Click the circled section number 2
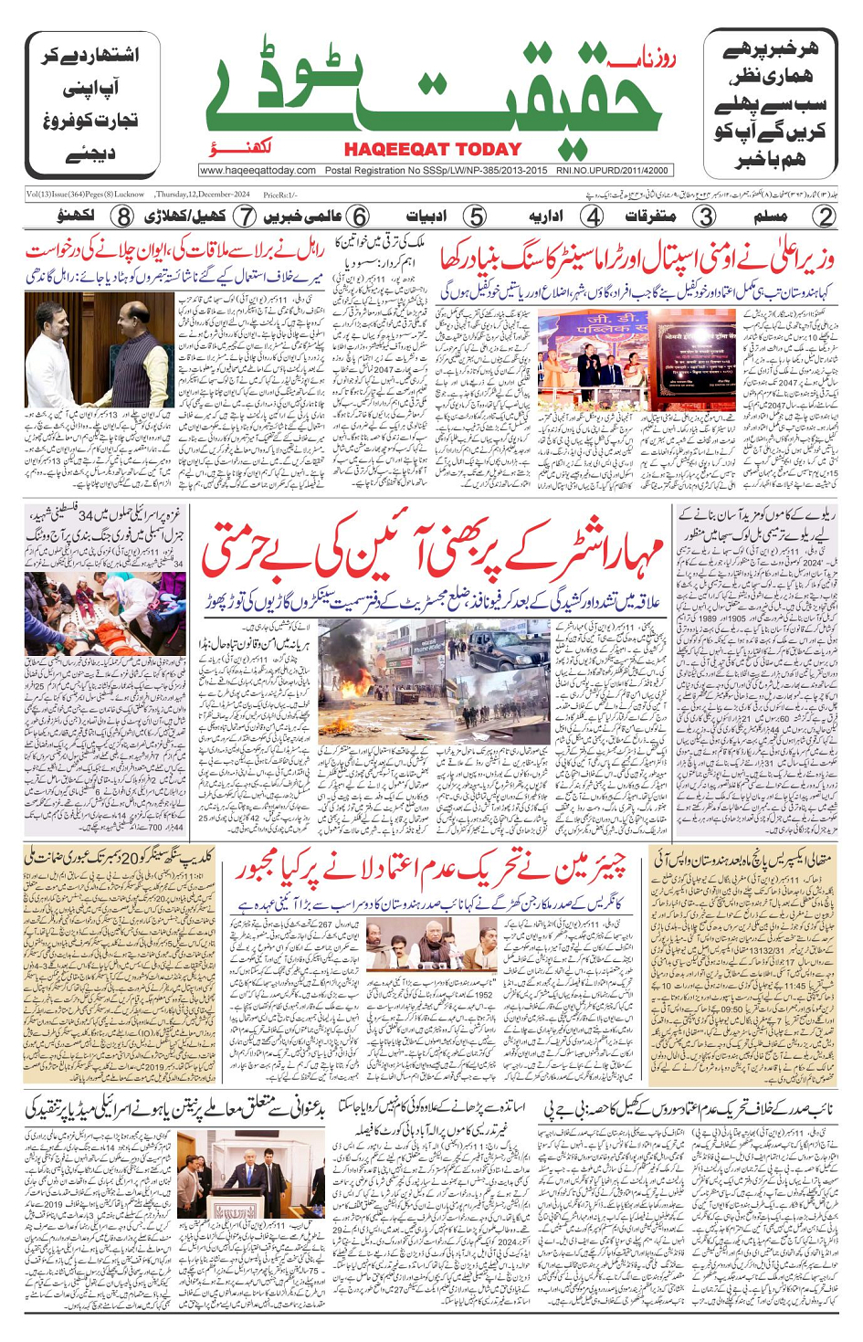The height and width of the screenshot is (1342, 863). (824, 217)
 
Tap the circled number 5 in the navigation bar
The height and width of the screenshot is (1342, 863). (475, 217)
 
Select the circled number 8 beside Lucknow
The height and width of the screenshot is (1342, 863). (123, 217)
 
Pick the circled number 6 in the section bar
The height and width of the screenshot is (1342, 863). (360, 217)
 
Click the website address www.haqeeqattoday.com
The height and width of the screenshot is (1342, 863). (258, 170)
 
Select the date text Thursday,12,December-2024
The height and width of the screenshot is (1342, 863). (202, 195)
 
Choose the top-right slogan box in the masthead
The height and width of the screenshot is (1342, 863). (770, 103)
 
